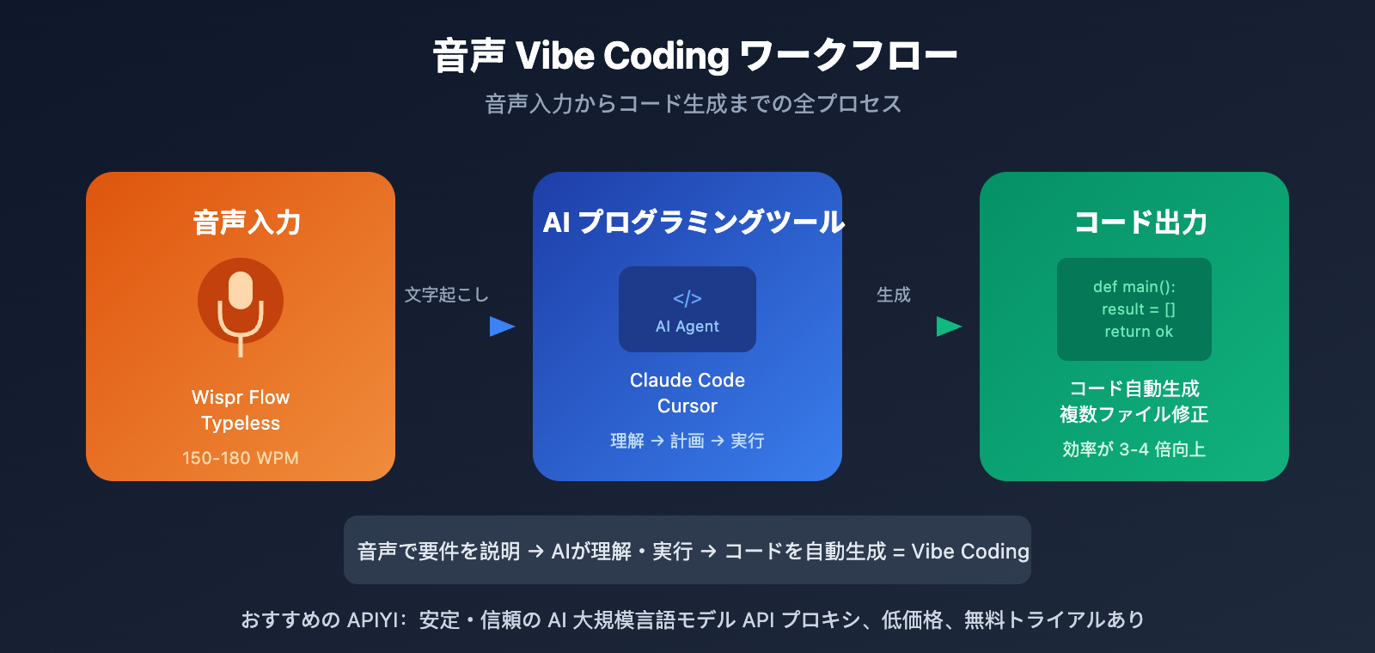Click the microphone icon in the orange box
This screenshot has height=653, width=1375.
[241, 302]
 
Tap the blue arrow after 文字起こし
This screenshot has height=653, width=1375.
[501, 326]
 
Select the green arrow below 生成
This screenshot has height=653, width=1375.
[948, 326]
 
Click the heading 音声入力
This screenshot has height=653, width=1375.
[247, 223]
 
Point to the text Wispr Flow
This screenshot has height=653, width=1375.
[241, 398]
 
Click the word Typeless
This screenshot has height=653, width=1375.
[241, 424]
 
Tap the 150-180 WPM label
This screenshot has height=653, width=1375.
[241, 458]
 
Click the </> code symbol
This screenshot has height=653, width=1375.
[687, 298]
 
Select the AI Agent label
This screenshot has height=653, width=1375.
[687, 326]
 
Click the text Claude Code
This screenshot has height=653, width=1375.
[687, 380]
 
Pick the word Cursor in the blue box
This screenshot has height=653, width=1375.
[687, 406]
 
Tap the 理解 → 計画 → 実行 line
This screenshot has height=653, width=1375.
[687, 441]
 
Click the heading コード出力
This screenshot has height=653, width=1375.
[1140, 223]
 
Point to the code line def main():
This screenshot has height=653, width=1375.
[1134, 287]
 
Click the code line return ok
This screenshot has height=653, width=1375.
[1138, 332]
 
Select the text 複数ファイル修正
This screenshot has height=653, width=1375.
[1134, 414]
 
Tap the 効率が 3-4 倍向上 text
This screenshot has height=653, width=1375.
[1134, 449]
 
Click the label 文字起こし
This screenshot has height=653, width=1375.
[446, 295]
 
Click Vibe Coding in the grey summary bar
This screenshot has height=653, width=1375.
[970, 551]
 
